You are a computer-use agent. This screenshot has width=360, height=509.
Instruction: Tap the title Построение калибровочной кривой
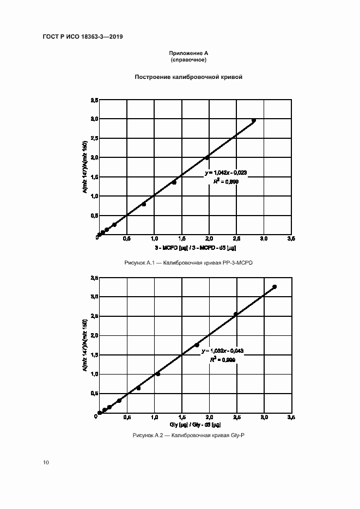(188, 77)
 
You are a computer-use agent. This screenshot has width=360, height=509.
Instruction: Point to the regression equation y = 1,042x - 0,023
(226, 173)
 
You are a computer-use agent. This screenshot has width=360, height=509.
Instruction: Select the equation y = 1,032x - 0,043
(222, 352)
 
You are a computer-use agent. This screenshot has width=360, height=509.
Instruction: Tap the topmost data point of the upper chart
(254, 120)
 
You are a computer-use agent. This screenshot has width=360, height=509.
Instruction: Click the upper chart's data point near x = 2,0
(207, 158)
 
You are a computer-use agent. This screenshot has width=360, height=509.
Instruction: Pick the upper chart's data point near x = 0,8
(144, 204)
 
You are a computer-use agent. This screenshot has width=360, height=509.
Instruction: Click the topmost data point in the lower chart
(274, 287)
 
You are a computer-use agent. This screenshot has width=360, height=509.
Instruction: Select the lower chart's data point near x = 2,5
(235, 314)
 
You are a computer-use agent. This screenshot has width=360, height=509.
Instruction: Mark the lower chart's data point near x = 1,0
(158, 374)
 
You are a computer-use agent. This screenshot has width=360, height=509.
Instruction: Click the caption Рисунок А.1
(189, 263)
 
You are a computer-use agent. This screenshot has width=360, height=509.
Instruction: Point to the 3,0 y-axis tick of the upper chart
(94, 119)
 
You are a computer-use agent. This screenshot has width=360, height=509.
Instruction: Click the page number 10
(46, 463)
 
